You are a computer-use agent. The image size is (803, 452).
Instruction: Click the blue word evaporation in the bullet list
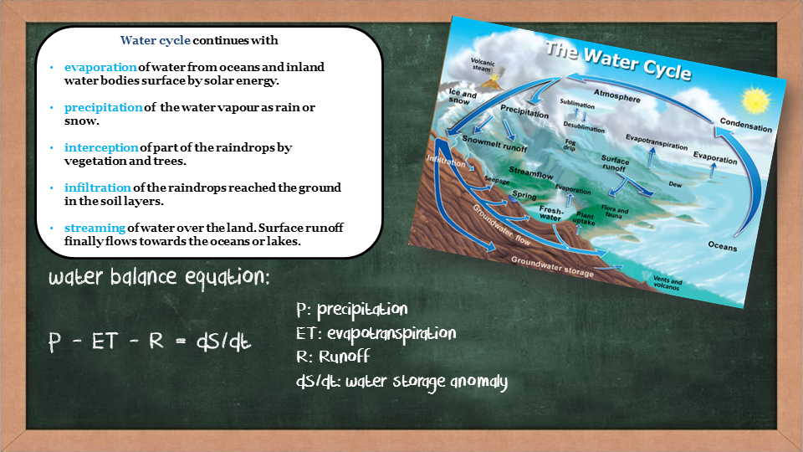click(x=100, y=67)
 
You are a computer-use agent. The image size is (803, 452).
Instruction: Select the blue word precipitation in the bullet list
click(x=104, y=108)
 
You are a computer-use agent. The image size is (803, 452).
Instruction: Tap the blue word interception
click(x=101, y=147)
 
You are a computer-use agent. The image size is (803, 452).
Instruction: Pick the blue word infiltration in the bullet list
click(x=98, y=187)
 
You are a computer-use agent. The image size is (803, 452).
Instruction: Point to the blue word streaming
click(x=95, y=228)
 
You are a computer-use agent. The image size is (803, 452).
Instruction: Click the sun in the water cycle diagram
click(x=756, y=100)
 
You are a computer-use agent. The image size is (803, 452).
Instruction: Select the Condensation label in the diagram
click(x=745, y=125)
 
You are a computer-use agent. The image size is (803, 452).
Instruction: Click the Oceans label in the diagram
click(x=722, y=246)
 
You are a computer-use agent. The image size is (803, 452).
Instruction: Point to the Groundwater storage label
click(x=552, y=267)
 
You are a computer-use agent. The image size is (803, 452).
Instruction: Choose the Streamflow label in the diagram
click(x=531, y=172)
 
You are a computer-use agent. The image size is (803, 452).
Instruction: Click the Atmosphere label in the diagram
click(x=617, y=95)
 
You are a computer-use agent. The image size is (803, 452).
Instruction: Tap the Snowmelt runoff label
click(x=494, y=143)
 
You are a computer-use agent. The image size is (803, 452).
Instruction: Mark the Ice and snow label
click(x=462, y=95)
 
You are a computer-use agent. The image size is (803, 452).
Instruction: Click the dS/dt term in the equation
click(x=224, y=342)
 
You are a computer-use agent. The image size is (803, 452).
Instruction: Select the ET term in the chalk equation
click(x=105, y=341)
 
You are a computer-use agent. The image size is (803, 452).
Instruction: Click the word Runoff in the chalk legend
click(x=344, y=357)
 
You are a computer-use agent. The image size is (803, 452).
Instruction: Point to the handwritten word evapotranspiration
click(x=391, y=334)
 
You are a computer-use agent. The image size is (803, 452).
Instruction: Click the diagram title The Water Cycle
click(x=618, y=61)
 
